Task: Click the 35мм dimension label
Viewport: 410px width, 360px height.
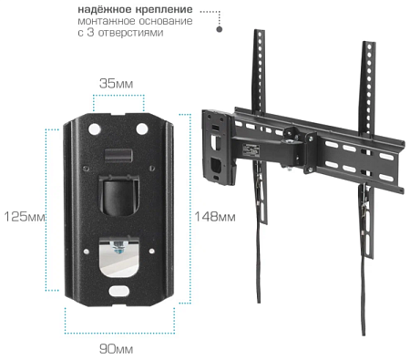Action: coord(116,84)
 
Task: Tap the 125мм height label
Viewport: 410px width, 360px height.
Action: coord(25,217)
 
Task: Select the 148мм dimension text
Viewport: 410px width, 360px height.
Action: coord(214,217)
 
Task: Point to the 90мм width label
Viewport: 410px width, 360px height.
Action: coord(116,348)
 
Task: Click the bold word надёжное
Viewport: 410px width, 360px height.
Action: coord(106,8)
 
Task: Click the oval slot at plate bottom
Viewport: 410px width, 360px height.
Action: coord(119,293)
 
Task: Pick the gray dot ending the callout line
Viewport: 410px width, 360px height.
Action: coord(220,29)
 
